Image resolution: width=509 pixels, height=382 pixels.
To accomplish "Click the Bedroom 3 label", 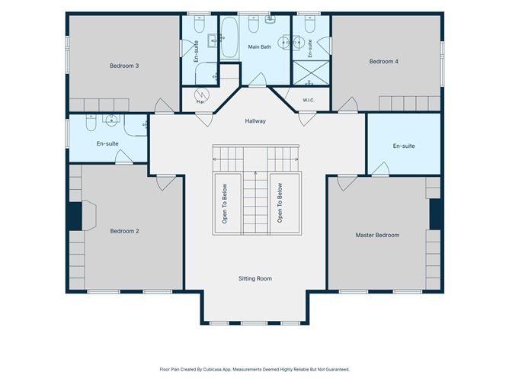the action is pyautogui.click(x=124, y=66).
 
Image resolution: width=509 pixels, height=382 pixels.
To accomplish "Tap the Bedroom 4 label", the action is pyautogui.click(x=384, y=62).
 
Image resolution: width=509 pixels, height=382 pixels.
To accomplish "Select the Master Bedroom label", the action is pyautogui.click(x=377, y=235).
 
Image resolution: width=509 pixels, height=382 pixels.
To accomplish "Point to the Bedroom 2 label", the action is pyautogui.click(x=125, y=231).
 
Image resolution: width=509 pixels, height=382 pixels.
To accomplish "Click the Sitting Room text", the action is pyautogui.click(x=255, y=278).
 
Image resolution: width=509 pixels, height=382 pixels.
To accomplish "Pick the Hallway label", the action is pyautogui.click(x=255, y=120).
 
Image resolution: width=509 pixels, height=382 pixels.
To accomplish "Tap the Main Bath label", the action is pyautogui.click(x=260, y=47).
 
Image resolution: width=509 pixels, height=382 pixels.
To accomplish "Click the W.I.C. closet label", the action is pyautogui.click(x=309, y=100).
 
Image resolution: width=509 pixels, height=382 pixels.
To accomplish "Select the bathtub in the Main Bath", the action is pyautogui.click(x=229, y=37).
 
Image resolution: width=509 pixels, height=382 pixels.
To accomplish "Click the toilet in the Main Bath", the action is pyautogui.click(x=254, y=24).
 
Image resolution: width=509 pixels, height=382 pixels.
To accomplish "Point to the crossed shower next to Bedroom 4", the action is pyautogui.click(x=311, y=72).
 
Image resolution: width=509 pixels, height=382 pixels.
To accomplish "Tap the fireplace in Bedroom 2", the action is pyautogui.click(x=89, y=215).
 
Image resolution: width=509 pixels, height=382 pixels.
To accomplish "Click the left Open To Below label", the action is pyautogui.click(x=225, y=204).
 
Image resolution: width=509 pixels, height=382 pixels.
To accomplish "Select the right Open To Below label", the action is pyautogui.click(x=280, y=203).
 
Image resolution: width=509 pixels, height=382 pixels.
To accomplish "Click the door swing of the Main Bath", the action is pyautogui.click(x=258, y=79).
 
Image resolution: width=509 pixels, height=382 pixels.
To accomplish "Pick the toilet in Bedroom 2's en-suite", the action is pyautogui.click(x=91, y=122).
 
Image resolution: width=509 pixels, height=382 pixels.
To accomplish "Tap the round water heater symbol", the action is pyautogui.click(x=202, y=95).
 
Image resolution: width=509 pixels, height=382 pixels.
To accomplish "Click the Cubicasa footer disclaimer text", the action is pyautogui.click(x=254, y=369).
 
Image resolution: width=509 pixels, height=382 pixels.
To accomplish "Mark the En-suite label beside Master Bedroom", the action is pyautogui.click(x=404, y=146).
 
